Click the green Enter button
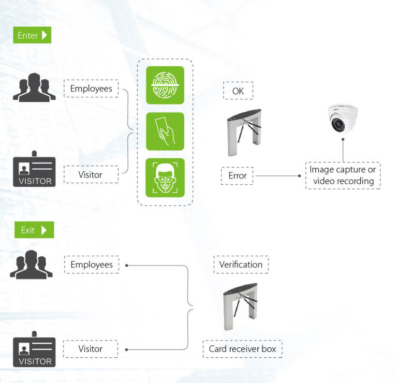point(32,35)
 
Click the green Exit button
point(33,230)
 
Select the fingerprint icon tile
point(165,85)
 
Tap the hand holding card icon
point(165,131)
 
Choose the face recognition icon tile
point(165,177)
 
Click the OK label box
point(238,90)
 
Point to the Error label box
point(237,176)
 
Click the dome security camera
point(342,118)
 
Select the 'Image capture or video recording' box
point(343,176)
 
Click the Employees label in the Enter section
point(91,88)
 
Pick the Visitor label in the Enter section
point(91,174)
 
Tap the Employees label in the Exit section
point(91,265)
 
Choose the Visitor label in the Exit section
point(91,349)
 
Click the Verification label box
point(241,265)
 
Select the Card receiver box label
point(242,349)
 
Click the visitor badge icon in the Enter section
point(34,170)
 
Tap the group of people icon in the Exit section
point(31,265)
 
